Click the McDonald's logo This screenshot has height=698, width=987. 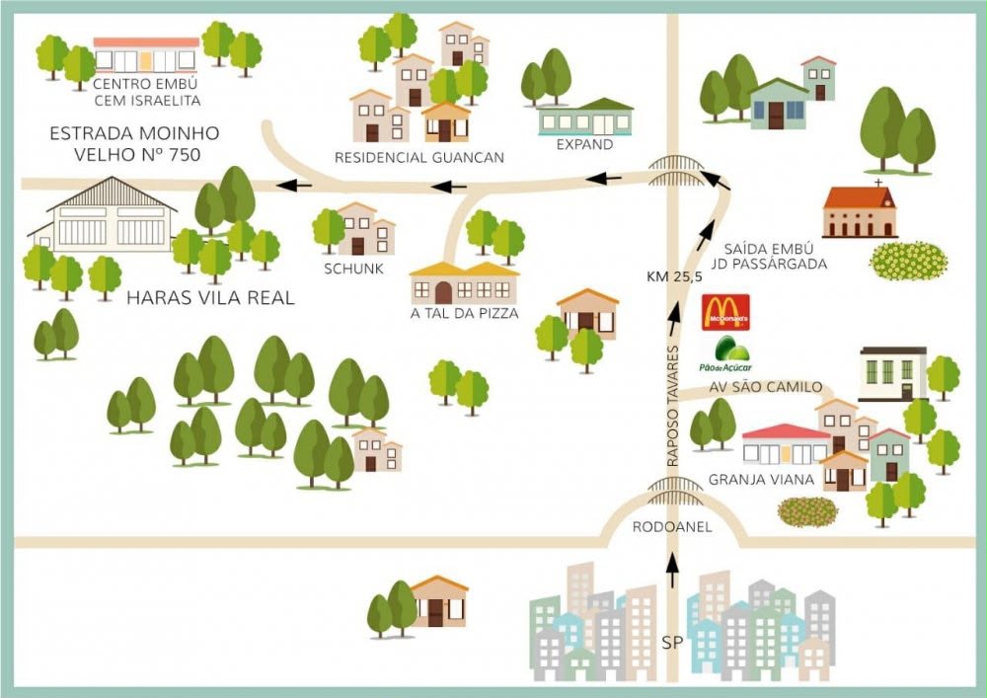pos(725,312)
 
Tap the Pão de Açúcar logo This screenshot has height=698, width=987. pos(725,353)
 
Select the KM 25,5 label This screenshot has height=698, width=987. pos(674,276)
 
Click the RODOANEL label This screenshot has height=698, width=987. pos(671,527)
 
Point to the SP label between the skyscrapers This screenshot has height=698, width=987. pos(672,643)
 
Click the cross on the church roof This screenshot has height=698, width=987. pos(878,184)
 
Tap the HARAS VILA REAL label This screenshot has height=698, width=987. pos(210,298)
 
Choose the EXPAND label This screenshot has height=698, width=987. pos(584,144)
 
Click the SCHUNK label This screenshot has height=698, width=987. pos(353,269)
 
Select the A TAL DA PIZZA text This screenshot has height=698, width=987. pos(465,313)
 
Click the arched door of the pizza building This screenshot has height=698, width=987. pos(444,292)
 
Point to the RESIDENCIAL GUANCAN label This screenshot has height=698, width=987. pos(419,157)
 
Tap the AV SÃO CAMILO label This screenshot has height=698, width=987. pos(766,387)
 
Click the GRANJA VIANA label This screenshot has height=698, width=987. pos(762,480)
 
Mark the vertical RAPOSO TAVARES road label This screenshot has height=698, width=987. pos(673,406)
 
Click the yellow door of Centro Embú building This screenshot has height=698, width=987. pos(146,60)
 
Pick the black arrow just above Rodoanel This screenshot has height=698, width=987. pos(672,571)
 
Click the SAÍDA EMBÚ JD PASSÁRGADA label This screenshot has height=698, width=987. pos(769,256)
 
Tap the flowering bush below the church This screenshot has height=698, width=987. pos(908,261)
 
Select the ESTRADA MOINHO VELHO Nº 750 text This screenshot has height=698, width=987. pos(135,143)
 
